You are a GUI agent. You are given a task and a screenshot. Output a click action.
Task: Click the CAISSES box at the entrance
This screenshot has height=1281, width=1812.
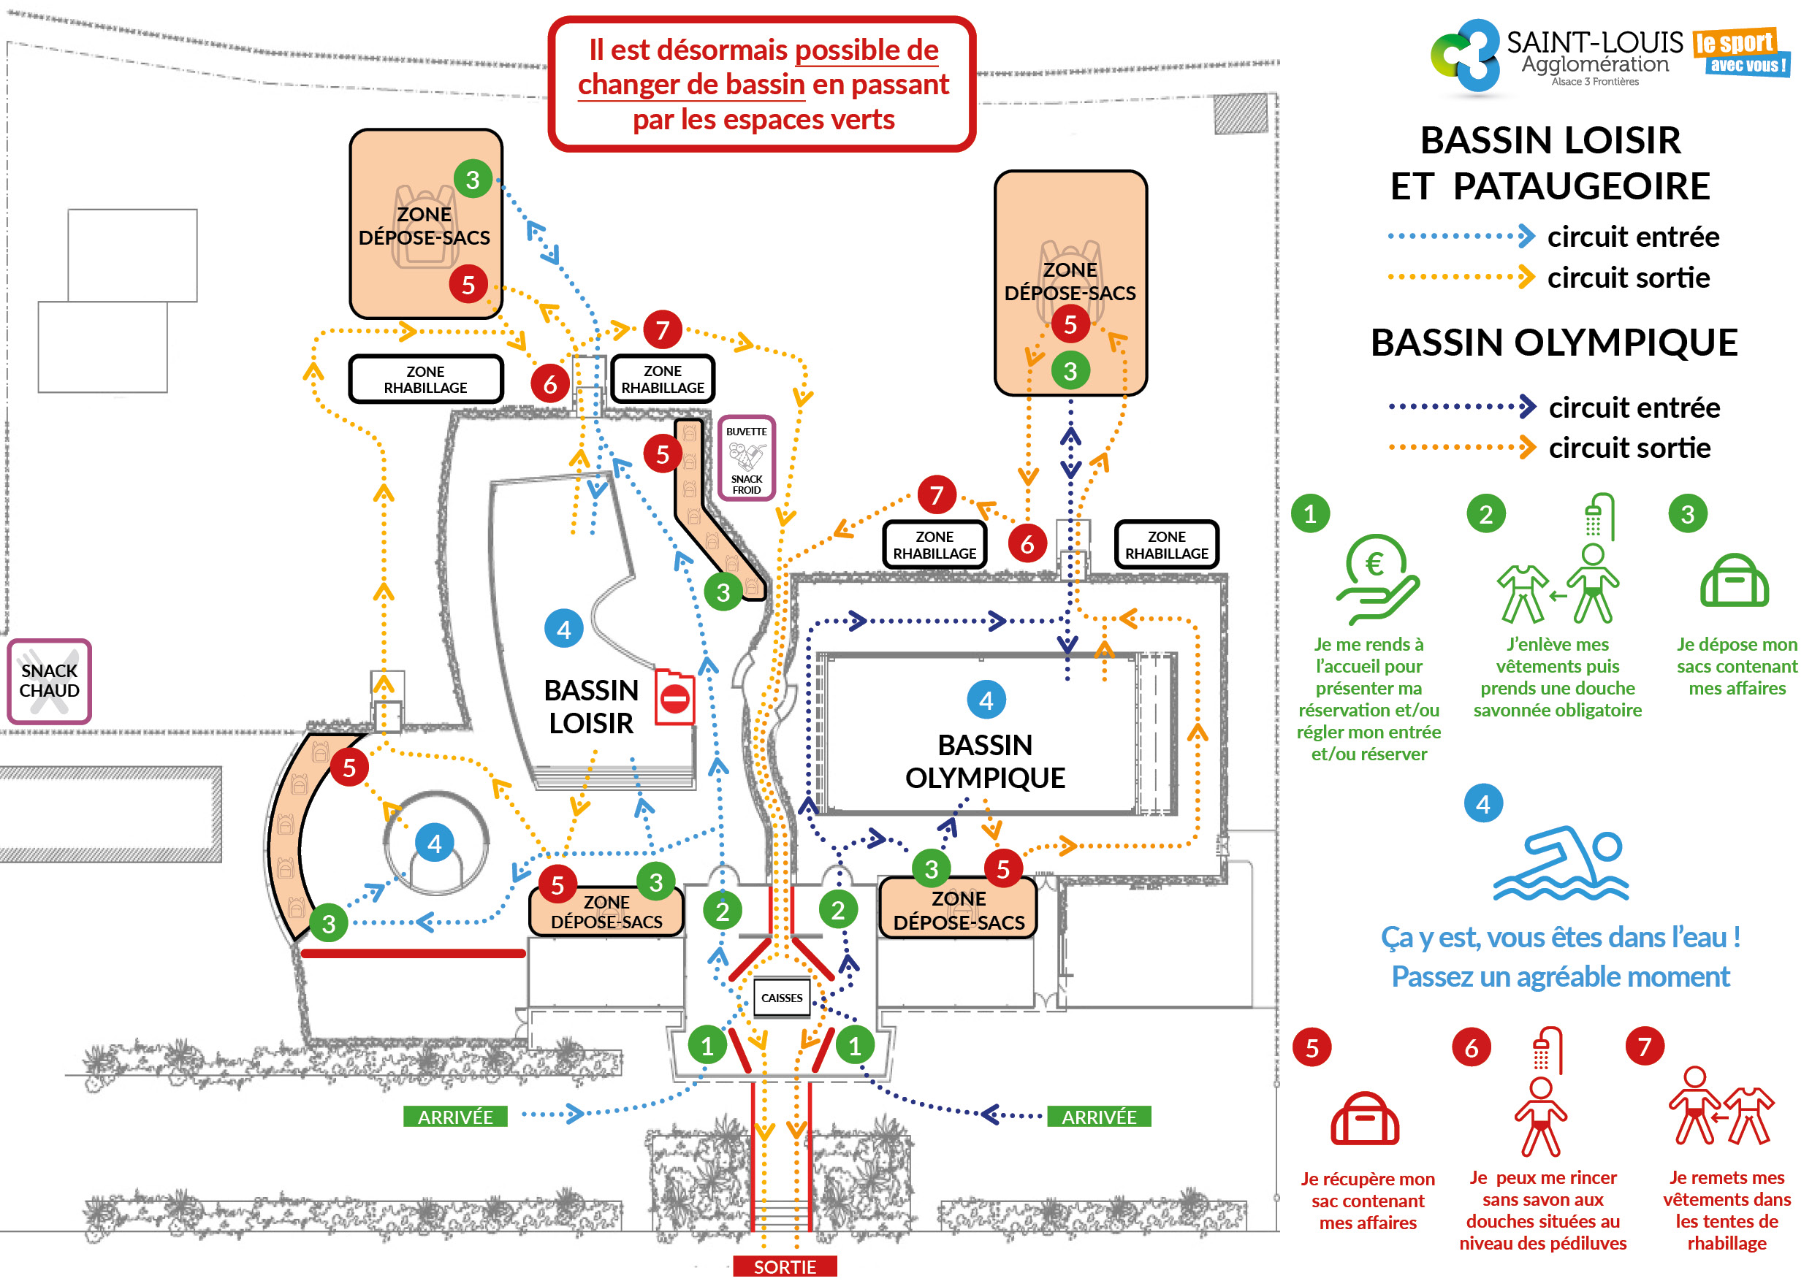(781, 998)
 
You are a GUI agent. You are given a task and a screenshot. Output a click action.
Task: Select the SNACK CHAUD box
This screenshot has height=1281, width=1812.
(50, 681)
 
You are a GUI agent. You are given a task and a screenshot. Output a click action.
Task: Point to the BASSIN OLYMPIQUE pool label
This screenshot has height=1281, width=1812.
(985, 761)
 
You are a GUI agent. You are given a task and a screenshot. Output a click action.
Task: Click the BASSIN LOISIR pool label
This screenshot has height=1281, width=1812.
(591, 706)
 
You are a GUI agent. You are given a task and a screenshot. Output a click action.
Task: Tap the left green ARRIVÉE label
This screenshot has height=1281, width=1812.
(455, 1117)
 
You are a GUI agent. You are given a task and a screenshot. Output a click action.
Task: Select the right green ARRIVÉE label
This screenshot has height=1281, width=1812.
(1099, 1117)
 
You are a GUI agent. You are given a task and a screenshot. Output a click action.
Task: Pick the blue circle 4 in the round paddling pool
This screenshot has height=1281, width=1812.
(434, 844)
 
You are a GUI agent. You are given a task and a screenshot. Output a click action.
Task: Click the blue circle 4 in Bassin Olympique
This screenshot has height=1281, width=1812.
(986, 700)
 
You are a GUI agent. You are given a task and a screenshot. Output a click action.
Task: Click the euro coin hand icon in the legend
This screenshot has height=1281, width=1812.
(1377, 580)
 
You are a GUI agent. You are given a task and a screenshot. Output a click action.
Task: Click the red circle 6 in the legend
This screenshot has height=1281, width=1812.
(1471, 1047)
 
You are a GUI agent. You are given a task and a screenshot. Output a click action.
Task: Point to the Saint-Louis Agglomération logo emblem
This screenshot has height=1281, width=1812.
(1466, 56)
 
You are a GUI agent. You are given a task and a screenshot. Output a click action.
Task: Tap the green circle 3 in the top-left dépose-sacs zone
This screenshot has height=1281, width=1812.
(473, 180)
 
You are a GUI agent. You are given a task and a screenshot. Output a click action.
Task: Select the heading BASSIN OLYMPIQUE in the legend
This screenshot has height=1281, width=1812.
(1554, 343)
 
